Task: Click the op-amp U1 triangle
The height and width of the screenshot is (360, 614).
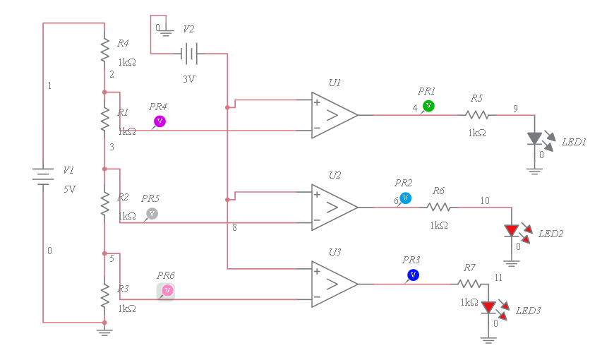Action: click(334, 115)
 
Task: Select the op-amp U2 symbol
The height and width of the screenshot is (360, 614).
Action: click(334, 208)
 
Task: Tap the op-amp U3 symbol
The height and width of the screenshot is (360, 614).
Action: click(334, 284)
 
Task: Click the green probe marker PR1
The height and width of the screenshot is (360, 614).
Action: click(428, 106)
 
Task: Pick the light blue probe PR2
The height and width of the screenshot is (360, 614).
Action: click(405, 198)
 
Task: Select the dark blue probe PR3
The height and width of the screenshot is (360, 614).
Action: click(413, 275)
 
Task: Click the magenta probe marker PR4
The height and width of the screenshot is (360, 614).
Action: click(159, 121)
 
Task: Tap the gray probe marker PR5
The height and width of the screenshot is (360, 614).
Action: click(152, 213)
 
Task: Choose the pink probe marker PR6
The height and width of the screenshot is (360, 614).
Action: click(167, 290)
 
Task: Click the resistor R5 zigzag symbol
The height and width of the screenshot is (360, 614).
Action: click(477, 115)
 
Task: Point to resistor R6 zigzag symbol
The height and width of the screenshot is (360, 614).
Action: click(438, 208)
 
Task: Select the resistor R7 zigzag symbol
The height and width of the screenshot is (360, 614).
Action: click(469, 284)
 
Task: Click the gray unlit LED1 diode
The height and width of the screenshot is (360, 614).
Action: click(535, 139)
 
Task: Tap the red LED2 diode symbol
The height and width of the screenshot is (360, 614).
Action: click(512, 231)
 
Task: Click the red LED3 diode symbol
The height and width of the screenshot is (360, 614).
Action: click(488, 308)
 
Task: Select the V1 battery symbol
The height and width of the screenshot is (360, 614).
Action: click(44, 176)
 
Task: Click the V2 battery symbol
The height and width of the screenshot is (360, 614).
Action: click(188, 53)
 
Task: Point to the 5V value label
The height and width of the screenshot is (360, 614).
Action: click(69, 189)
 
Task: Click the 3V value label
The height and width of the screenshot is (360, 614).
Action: click(188, 79)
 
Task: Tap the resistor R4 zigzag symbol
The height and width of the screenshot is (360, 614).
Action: click(104, 51)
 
